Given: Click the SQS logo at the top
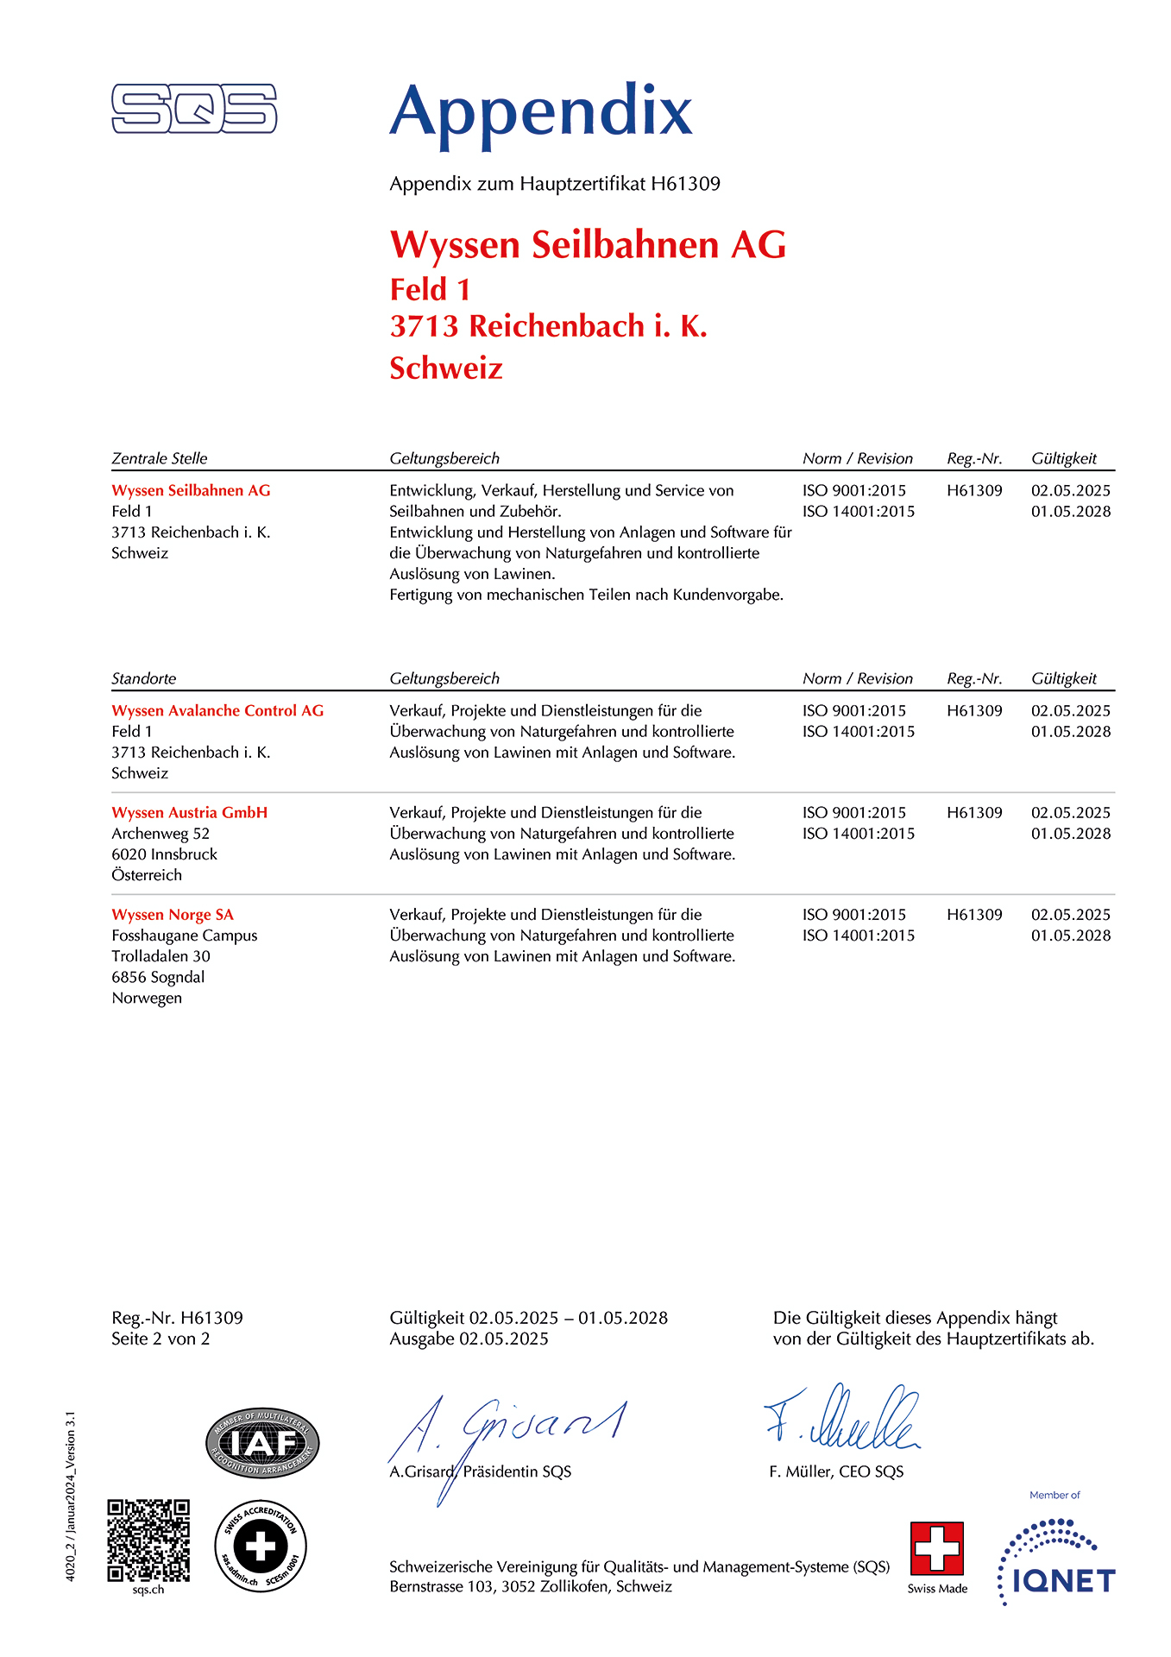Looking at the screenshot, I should tap(194, 109).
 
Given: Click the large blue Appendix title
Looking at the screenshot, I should tap(541, 112).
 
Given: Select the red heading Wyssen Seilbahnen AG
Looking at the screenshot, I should tap(588, 245).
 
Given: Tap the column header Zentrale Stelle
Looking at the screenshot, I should tap(160, 458).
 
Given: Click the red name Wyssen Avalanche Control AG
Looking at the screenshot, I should tap(217, 710).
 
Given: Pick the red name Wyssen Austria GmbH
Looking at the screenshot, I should tap(190, 812).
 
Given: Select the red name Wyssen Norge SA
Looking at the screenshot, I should tap(173, 914).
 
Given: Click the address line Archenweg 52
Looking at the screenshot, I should tap(161, 834).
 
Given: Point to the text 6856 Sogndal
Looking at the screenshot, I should tap(158, 977).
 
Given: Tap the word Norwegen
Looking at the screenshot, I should tap(147, 998).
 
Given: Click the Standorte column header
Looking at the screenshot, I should tap(143, 678).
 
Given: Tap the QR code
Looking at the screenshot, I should tap(148, 1540).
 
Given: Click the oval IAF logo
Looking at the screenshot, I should tap(262, 1443).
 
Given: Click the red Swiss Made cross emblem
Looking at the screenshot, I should tap(936, 1548).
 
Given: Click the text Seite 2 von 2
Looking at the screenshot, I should tap(161, 1339).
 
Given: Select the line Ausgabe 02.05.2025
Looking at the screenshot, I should tap(469, 1339).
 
